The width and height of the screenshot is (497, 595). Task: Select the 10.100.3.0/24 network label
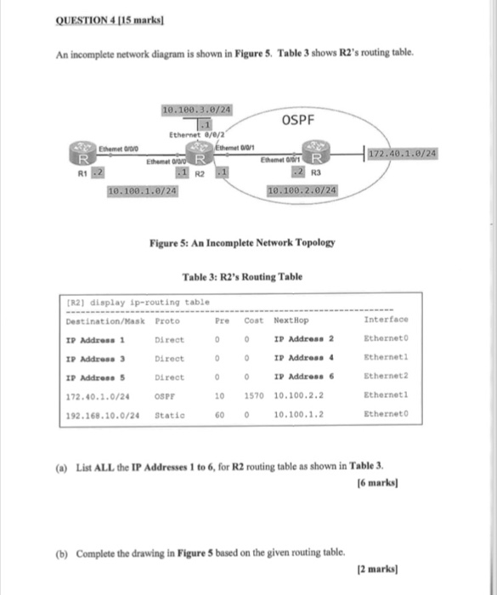196,110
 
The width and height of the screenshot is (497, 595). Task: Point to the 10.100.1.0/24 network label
143,191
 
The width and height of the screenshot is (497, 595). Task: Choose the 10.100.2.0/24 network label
302,191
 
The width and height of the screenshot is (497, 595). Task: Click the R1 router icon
83,157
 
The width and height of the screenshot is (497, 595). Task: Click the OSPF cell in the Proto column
167,395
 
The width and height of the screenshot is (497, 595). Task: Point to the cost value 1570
254,395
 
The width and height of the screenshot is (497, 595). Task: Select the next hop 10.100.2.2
298,395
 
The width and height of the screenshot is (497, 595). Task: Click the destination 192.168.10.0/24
103,416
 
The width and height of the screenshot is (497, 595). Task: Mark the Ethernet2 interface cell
387,376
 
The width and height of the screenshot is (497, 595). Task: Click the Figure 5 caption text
241,243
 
